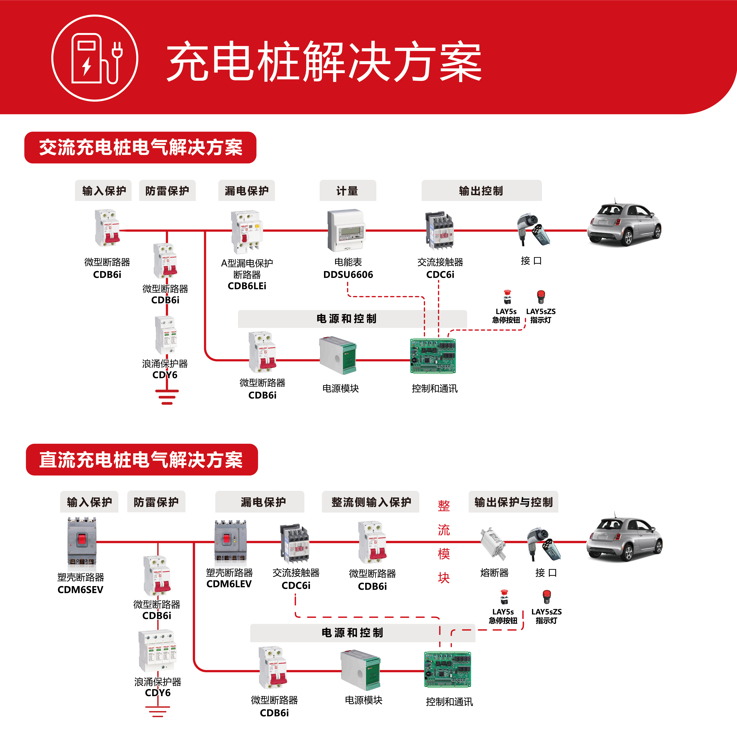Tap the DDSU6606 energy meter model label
pyautogui.click(x=348, y=274)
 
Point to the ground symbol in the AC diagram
pyautogui.click(x=167, y=396)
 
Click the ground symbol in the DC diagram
pyautogui.click(x=157, y=711)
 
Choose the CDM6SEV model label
pyautogui.click(x=80, y=590)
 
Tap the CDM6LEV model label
pyautogui.click(x=229, y=584)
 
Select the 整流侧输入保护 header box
pyautogui.click(x=371, y=502)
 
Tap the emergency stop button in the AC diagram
pyautogui.click(x=507, y=297)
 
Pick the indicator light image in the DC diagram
pyautogui.click(x=546, y=597)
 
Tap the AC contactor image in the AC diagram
pyautogui.click(x=439, y=230)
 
